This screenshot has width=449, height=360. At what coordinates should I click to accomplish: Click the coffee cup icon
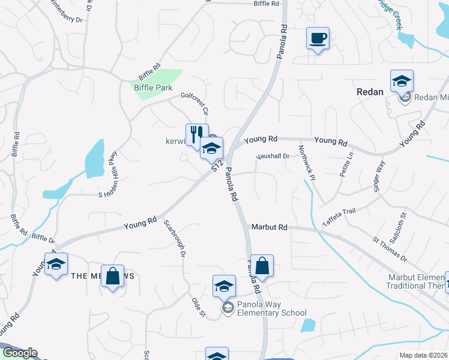pyautogui.click(x=318, y=38)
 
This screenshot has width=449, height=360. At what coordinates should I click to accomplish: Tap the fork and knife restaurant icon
pyautogui.click(x=196, y=135)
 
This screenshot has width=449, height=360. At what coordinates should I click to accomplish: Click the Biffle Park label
pyautogui.click(x=153, y=88)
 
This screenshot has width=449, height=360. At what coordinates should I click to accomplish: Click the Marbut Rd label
pyautogui.click(x=271, y=227)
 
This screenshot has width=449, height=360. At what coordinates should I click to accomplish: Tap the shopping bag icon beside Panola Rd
pyautogui.click(x=262, y=266)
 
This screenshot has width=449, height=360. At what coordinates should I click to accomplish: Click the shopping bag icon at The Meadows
pyautogui.click(x=112, y=276)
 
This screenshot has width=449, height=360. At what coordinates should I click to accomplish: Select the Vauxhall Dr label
pyautogui.click(x=273, y=156)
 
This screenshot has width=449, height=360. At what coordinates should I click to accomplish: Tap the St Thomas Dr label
pyautogui.click(x=390, y=250)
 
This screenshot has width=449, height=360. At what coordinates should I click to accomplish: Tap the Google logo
pyautogui.click(x=19, y=353)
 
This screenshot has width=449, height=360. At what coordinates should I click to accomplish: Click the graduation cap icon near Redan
pyautogui.click(x=402, y=81)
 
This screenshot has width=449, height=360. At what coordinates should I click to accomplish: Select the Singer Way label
pyautogui.click(x=380, y=176)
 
